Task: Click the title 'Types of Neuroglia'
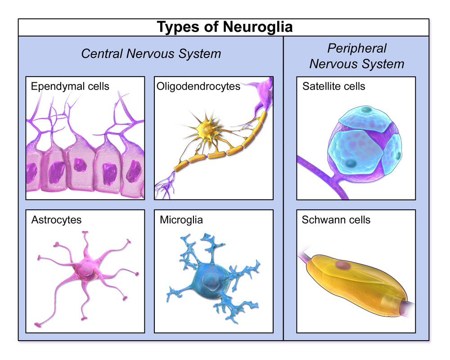coord(225,27)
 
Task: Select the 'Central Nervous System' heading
coord(151,54)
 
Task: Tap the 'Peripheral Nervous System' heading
coord(357,56)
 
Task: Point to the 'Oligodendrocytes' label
coord(198,86)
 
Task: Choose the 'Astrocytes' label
coord(56,220)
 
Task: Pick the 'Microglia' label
coord(181,220)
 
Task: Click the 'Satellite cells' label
coord(333,86)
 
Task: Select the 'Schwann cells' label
coord(336,220)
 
